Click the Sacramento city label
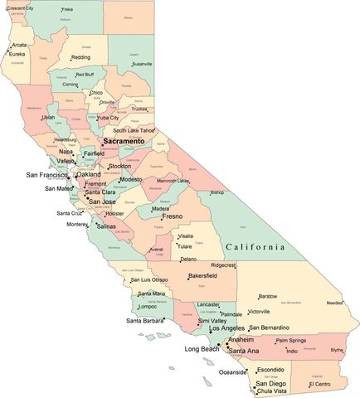(x=123, y=143)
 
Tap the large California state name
(x=255, y=247)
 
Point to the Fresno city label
(x=172, y=216)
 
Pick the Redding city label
(x=80, y=58)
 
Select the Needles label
(x=334, y=303)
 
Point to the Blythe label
(x=336, y=350)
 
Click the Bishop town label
(x=217, y=192)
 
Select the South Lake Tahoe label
(x=134, y=130)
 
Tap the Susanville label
(x=143, y=64)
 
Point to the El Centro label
(x=319, y=385)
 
